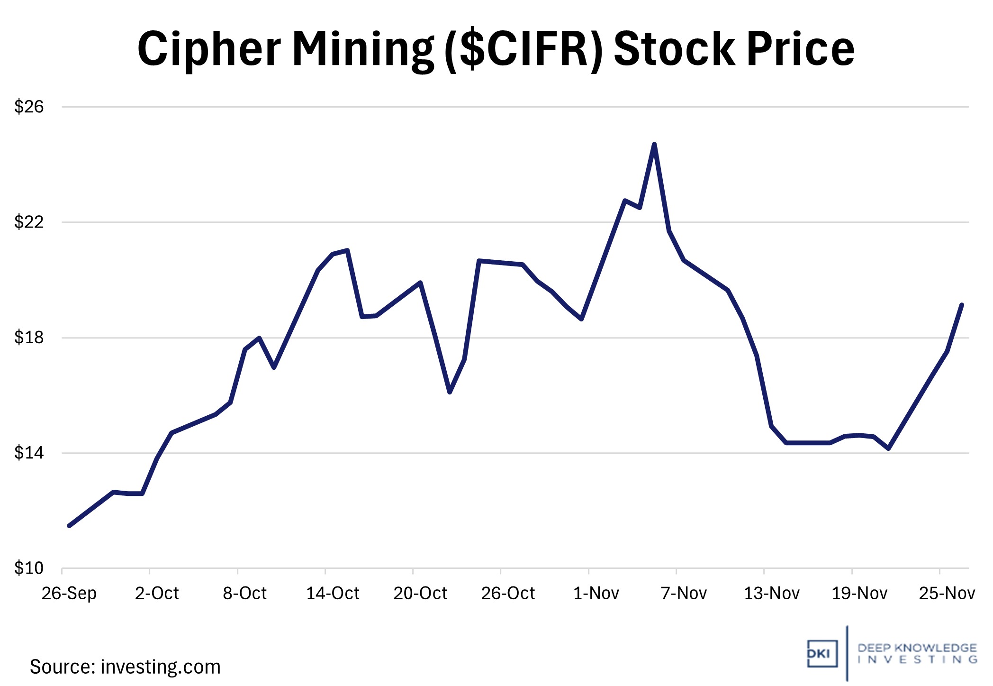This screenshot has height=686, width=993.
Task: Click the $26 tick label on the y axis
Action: pyautogui.click(x=28, y=107)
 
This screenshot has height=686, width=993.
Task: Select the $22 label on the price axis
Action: pyautogui.click(x=28, y=222)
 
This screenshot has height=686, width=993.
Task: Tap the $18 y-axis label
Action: pyautogui.click(x=28, y=338)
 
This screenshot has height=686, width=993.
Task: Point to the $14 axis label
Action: pyautogui.click(x=28, y=453)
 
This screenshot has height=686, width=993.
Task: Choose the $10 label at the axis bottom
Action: pyautogui.click(x=28, y=568)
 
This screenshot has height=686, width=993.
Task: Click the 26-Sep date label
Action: pyautogui.click(x=69, y=593)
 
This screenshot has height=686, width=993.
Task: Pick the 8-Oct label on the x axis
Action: pyautogui.click(x=244, y=593)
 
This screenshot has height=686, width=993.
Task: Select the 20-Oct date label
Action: pyautogui.click(x=420, y=593)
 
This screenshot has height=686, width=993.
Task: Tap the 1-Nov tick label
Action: pyautogui.click(x=596, y=593)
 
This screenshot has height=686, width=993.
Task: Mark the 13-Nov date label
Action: pyautogui.click(x=771, y=593)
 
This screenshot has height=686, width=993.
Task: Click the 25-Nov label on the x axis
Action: pyautogui.click(x=947, y=593)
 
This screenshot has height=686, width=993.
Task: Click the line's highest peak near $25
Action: pyautogui.click(x=654, y=144)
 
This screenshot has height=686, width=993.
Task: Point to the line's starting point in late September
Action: pyautogui.click(x=69, y=526)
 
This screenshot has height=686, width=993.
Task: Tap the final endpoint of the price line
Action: pyautogui.click(x=962, y=305)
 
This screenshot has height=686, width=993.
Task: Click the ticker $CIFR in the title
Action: pyautogui.click(x=524, y=49)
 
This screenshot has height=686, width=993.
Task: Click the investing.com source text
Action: pyautogui.click(x=161, y=667)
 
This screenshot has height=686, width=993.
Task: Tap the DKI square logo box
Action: pyautogui.click(x=822, y=654)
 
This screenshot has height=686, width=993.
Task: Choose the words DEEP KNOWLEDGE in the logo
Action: pyautogui.click(x=917, y=648)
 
